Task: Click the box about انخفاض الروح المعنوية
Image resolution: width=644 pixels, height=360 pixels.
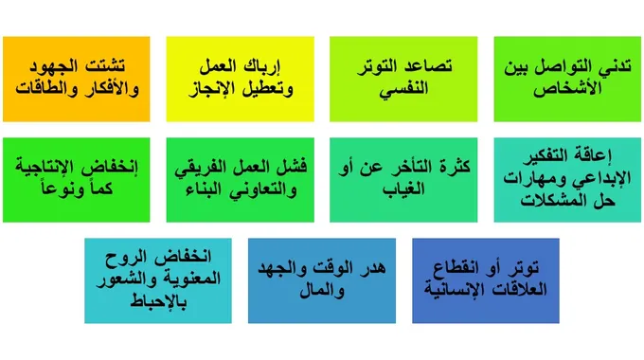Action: (x=157, y=279)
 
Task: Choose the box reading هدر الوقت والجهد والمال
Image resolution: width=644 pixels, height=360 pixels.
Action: (x=322, y=279)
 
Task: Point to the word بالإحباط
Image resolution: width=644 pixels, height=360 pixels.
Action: (x=158, y=303)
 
